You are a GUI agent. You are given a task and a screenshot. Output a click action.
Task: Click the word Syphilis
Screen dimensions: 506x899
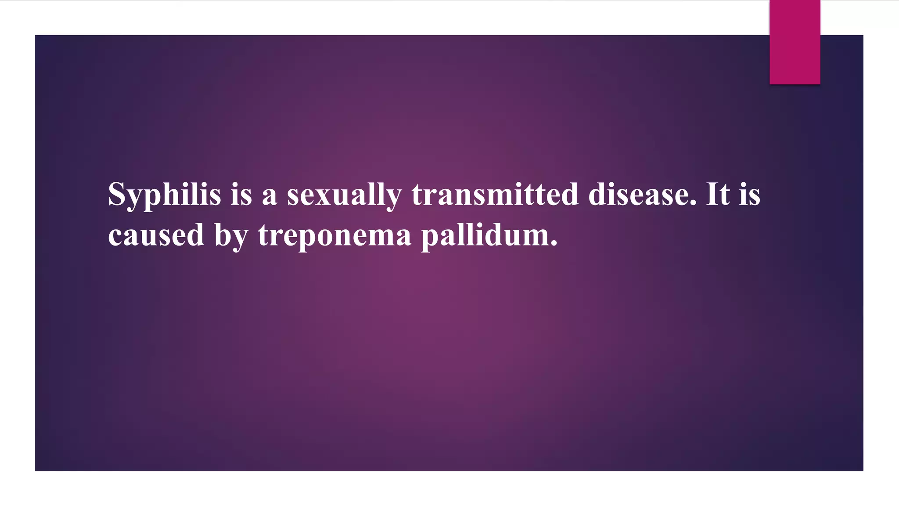[x=164, y=195]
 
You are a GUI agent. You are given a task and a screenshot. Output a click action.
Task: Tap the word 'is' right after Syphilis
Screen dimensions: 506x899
[x=241, y=195]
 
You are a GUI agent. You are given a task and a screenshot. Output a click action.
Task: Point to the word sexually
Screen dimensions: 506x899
[x=344, y=195]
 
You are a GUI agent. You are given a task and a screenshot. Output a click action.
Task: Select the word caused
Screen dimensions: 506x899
[x=156, y=235]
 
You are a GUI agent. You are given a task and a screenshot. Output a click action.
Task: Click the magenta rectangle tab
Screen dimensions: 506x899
[x=795, y=42]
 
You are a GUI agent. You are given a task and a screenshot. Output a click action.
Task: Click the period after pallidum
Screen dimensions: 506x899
[x=554, y=244]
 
